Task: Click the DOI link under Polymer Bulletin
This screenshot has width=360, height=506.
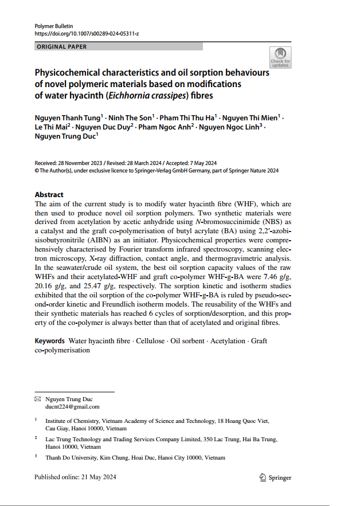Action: [87, 33]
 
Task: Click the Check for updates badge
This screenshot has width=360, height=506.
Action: [280, 58]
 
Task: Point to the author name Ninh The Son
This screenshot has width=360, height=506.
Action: [127, 117]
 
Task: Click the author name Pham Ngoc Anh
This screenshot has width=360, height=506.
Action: [166, 127]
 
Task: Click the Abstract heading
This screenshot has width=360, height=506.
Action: [49, 195]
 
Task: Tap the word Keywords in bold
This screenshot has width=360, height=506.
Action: [49, 341]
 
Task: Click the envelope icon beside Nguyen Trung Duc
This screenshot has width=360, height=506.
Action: [38, 399]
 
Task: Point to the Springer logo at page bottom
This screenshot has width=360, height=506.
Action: [276, 477]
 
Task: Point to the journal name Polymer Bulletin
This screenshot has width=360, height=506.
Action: [52, 26]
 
